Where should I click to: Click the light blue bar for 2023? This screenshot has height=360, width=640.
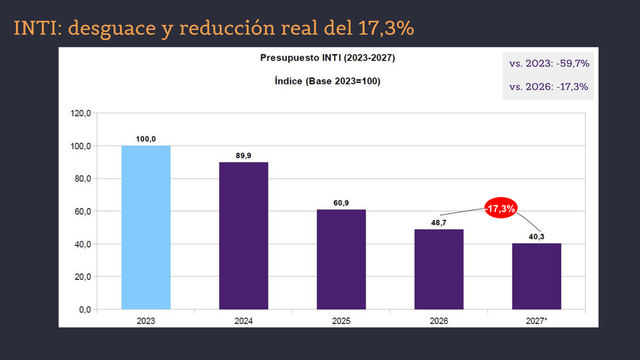coord(146,227)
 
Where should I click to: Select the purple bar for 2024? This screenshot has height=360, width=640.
coord(244,236)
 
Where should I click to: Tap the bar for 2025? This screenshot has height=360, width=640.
coord(341,259)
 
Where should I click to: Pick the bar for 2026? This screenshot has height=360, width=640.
coord(439,269)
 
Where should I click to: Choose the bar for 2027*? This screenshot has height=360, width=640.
coord(537,276)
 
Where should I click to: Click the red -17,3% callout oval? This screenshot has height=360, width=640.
coord(501,209)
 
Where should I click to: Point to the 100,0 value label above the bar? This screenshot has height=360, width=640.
coord(146,139)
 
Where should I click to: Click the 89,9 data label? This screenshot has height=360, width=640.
coord(244,156)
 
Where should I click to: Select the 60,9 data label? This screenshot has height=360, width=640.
coord(341,203)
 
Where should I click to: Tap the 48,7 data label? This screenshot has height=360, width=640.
coord(439,223)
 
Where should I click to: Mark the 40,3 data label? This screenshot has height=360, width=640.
coord(537,237)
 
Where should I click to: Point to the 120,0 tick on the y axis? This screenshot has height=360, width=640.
coord(81,113)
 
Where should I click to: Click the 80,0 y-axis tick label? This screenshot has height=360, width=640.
coord(83,179)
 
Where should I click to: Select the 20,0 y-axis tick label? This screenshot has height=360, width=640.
coord(83,277)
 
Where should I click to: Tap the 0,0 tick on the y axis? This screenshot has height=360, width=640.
coord(85,310)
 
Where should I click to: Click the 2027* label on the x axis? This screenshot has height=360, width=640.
coord(537,321)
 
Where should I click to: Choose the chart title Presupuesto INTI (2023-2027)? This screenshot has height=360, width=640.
coord(327,58)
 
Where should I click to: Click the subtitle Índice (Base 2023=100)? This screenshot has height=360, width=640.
coord(327,81)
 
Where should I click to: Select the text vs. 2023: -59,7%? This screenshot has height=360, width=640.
coord(549,64)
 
